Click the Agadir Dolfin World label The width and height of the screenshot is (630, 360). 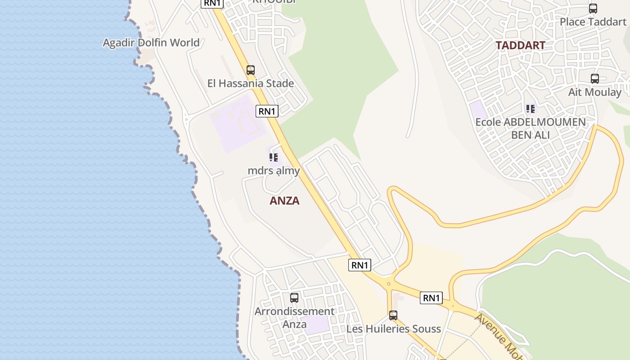[x=151, y=43]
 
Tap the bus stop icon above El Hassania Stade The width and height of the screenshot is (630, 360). [x=251, y=70]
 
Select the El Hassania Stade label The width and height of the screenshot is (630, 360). [x=251, y=83]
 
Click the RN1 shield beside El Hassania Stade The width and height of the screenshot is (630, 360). [x=267, y=111]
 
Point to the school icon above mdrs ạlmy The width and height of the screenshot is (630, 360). [x=274, y=157]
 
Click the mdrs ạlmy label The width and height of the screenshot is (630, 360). [x=274, y=171]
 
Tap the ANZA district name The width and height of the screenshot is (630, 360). [x=284, y=201]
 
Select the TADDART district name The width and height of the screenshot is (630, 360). [x=520, y=45]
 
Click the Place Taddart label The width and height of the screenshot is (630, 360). [x=593, y=22]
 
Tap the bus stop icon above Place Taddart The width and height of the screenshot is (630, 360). [x=593, y=8]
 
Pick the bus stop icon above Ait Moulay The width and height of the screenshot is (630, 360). [x=595, y=79]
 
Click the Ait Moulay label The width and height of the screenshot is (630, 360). [x=595, y=92]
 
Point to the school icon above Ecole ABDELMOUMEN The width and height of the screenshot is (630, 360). [x=531, y=108]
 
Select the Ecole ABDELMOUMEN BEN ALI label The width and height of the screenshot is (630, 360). [x=531, y=128]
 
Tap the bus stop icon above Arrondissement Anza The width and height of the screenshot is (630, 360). [x=294, y=297]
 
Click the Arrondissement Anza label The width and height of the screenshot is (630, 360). [x=294, y=317]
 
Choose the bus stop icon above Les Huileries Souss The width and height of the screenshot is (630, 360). [x=393, y=315]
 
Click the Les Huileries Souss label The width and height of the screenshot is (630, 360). [x=393, y=329]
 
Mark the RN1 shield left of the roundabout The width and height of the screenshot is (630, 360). [x=360, y=265]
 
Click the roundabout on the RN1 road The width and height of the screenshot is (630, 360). [x=389, y=283]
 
